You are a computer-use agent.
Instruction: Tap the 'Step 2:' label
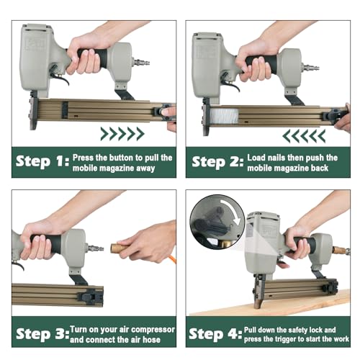point(217,162)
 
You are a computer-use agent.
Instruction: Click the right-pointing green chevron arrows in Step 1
point(122,133)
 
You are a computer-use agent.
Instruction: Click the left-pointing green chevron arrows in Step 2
point(303,135)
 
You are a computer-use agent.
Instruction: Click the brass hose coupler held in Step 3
point(118,248)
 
